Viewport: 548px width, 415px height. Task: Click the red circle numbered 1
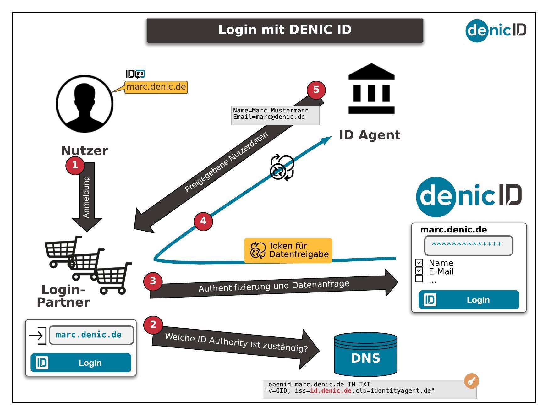(75, 165)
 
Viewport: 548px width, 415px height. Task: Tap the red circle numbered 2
(153, 325)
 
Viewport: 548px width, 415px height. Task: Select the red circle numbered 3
(153, 281)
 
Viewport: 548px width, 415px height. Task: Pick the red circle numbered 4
(203, 221)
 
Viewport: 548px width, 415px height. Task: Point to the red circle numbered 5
(316, 90)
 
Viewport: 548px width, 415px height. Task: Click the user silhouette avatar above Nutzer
(84, 104)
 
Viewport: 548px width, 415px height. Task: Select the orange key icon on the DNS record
(471, 381)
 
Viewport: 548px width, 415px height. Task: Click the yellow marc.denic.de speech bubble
(156, 87)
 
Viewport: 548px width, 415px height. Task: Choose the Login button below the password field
(469, 300)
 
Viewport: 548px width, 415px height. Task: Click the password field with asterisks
(469, 245)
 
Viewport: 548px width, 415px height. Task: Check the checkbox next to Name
(419, 263)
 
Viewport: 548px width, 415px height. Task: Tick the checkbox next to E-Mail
(419, 271)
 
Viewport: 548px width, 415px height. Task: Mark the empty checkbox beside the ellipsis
(419, 279)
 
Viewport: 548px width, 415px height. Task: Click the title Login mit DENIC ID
(285, 30)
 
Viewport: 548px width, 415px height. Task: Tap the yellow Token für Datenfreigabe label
(288, 250)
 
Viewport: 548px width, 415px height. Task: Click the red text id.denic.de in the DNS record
(331, 391)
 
